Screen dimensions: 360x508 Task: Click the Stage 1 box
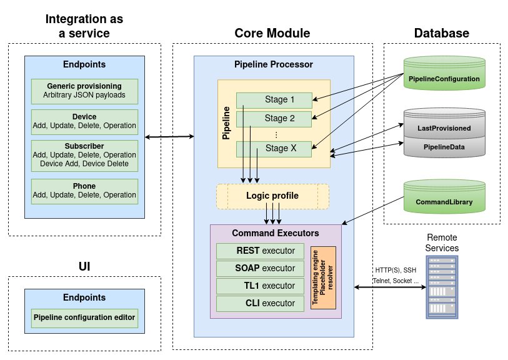(x=274, y=99)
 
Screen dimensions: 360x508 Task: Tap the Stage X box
(x=274, y=149)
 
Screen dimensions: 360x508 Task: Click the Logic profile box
(x=272, y=196)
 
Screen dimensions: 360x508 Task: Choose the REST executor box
(x=256, y=251)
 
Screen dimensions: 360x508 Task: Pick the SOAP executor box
(x=256, y=268)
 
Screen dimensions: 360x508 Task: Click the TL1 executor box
(x=256, y=286)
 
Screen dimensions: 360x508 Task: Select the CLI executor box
(x=256, y=303)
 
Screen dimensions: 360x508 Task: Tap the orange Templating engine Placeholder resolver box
(x=323, y=277)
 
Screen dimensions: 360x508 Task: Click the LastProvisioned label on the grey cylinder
(x=444, y=128)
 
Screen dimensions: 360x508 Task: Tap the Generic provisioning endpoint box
(x=84, y=91)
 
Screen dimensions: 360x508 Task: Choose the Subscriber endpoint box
(x=84, y=154)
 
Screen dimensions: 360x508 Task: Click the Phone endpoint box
(x=84, y=191)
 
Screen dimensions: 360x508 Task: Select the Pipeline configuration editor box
(x=84, y=317)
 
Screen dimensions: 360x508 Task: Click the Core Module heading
(x=272, y=33)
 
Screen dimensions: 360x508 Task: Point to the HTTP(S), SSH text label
(x=394, y=269)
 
